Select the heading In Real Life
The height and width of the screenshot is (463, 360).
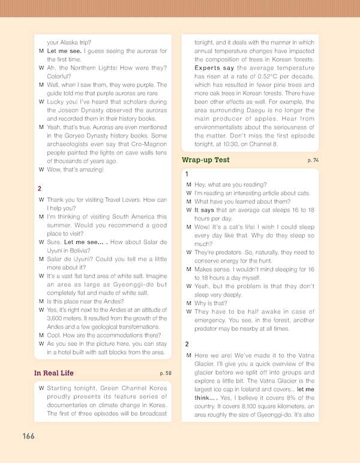pyautogui.click(x=54, y=373)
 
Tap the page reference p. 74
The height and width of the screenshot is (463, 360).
pyautogui.click(x=313, y=161)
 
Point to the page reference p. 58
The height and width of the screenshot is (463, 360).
pyautogui.click(x=166, y=374)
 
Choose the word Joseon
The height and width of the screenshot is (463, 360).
pyautogui.click(x=68, y=110)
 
